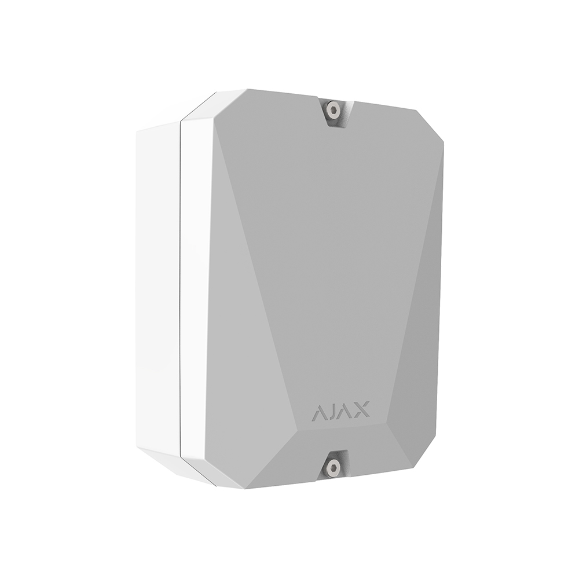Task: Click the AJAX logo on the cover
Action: (x=340, y=411)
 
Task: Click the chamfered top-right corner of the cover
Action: (x=430, y=126)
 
